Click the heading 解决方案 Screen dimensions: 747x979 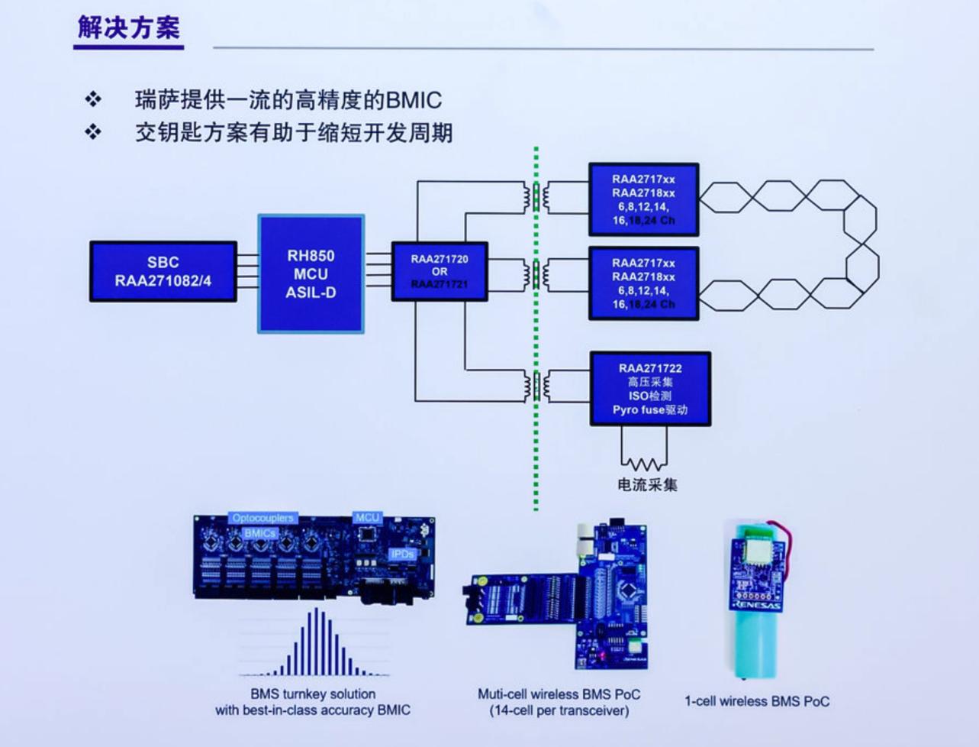pos(128,28)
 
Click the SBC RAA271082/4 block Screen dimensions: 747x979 pos(163,271)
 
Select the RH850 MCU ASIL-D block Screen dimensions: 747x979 pos(311,273)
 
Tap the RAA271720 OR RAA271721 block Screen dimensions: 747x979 pos(439,271)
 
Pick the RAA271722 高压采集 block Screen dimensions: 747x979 pos(650,389)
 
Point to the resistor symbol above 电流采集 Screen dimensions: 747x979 pos(644,463)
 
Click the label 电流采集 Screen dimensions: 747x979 pos(647,484)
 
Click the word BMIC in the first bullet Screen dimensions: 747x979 pos(414,100)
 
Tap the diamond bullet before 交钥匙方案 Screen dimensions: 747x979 pos(93,132)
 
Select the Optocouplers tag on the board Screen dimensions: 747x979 pos(262,519)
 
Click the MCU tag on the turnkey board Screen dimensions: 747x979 pos(367,518)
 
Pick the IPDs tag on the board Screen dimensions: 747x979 pos(402,554)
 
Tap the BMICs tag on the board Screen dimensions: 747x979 pos(260,533)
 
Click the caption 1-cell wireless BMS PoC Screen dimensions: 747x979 pos(756,701)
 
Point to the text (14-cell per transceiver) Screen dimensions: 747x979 pos(559,711)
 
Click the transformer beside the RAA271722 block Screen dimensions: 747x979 pos(537,386)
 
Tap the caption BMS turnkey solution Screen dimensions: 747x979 pos(313,694)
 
